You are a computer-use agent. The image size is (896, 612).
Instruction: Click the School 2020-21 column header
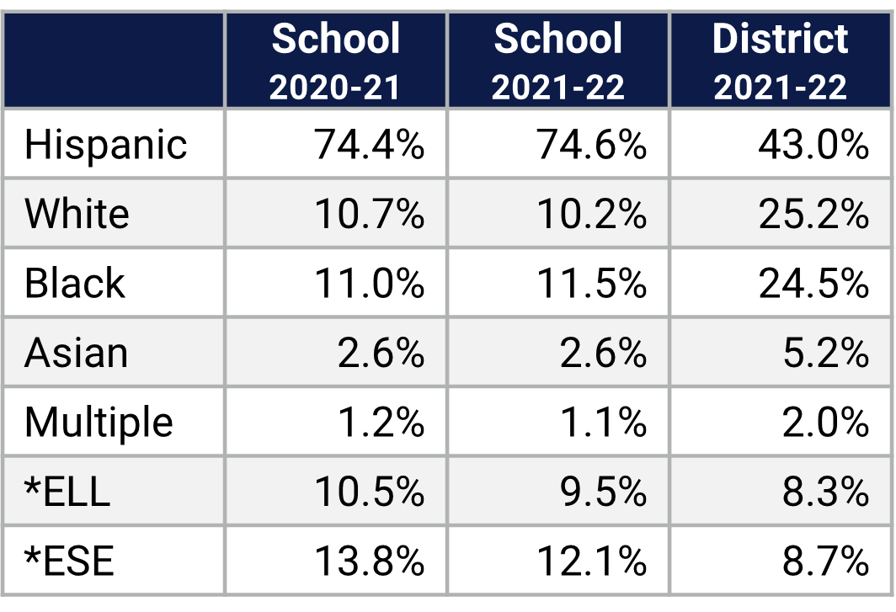[335, 61]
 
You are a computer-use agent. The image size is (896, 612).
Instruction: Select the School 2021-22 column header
[558, 61]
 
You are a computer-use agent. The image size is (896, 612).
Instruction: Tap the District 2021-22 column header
[781, 61]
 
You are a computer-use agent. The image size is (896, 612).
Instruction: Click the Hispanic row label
[105, 145]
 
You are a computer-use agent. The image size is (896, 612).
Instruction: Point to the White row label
[77, 214]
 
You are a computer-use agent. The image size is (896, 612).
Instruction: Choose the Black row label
[75, 283]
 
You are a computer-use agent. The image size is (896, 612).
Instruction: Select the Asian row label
[76, 353]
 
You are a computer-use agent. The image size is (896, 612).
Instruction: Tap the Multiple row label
[99, 422]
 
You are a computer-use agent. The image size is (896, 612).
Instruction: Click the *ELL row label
[67, 491]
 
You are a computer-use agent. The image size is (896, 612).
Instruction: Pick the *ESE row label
[69, 561]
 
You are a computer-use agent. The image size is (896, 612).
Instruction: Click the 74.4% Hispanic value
[370, 145]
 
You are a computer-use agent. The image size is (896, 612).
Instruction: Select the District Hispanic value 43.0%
[813, 145]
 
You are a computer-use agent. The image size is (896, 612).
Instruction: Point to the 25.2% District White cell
[813, 214]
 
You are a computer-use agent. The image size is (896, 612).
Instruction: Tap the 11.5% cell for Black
[592, 283]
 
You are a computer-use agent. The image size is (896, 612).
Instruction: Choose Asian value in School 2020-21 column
[381, 353]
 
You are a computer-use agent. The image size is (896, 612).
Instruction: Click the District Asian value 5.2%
[825, 353]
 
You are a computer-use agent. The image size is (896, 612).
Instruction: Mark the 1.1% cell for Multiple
[603, 422]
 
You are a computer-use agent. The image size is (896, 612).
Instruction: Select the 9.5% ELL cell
[603, 491]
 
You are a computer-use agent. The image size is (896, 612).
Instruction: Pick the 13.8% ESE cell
[370, 561]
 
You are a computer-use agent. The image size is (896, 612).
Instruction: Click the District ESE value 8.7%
[825, 561]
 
